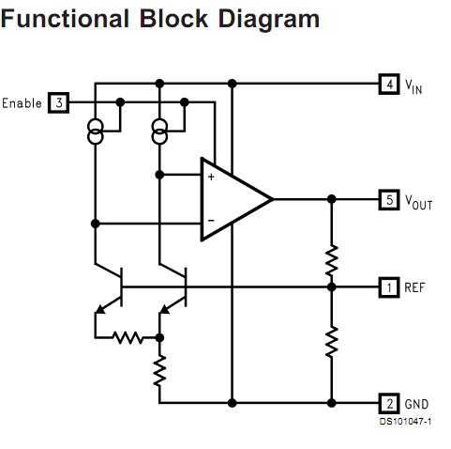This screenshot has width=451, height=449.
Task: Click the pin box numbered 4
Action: click(x=388, y=84)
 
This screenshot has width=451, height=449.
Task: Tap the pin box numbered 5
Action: click(x=388, y=199)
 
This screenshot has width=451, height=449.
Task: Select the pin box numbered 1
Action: click(x=388, y=286)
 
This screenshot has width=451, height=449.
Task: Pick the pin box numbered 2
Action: click(x=388, y=404)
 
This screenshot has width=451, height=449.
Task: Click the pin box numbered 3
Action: click(x=59, y=102)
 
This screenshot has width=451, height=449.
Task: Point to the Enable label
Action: click(x=23, y=102)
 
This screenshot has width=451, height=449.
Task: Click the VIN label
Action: click(x=413, y=85)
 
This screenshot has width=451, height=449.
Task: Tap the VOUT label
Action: click(x=418, y=201)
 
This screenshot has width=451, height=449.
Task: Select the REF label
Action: click(x=414, y=286)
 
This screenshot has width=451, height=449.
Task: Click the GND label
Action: click(x=415, y=404)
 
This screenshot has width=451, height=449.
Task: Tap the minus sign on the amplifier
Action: click(x=210, y=222)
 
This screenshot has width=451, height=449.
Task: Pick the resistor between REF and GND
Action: click(x=332, y=341)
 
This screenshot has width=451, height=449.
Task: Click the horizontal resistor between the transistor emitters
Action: click(x=128, y=336)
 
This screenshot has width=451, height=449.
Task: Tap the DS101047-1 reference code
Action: click(x=405, y=421)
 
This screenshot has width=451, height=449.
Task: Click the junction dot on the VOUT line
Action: click(x=332, y=199)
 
